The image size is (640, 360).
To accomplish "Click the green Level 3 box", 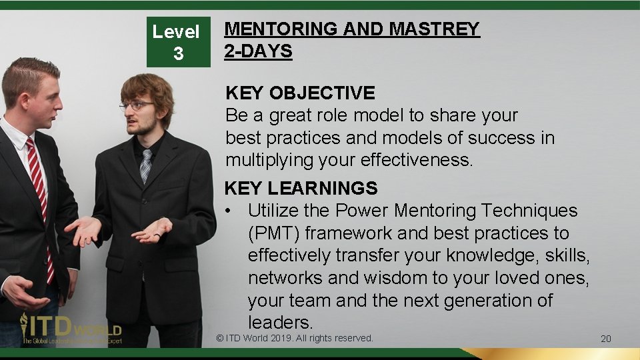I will (x=178, y=41).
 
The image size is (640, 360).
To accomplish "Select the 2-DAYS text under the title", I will (x=258, y=51).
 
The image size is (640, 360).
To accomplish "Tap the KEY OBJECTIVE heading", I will (x=300, y=93).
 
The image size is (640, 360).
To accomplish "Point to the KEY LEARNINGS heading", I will (x=301, y=189).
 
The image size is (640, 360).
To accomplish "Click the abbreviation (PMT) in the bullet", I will (x=275, y=233).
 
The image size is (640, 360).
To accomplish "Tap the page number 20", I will (x=605, y=339).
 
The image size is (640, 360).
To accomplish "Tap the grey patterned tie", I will (x=145, y=166).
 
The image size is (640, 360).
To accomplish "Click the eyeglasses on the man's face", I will (x=137, y=105).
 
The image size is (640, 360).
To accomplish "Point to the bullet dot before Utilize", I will (x=229, y=211).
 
